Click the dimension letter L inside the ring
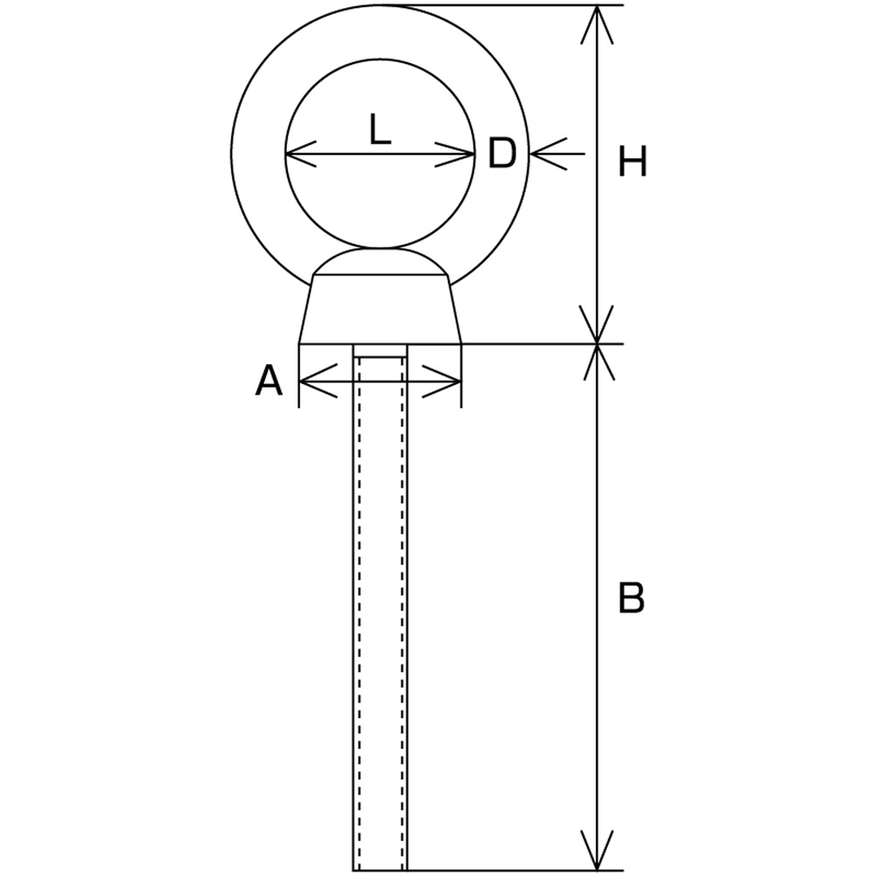coord(380,129)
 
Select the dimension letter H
coord(633,162)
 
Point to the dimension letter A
coord(269,381)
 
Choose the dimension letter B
coord(632,597)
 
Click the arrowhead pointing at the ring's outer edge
coord(549,153)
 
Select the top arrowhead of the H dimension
coord(597,24)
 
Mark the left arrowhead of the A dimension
coord(318,381)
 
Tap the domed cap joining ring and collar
coord(380,261)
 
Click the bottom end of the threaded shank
coord(380,870)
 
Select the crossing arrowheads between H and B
coord(597,343)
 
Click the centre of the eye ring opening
coord(380,153)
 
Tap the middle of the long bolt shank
coord(380,607)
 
